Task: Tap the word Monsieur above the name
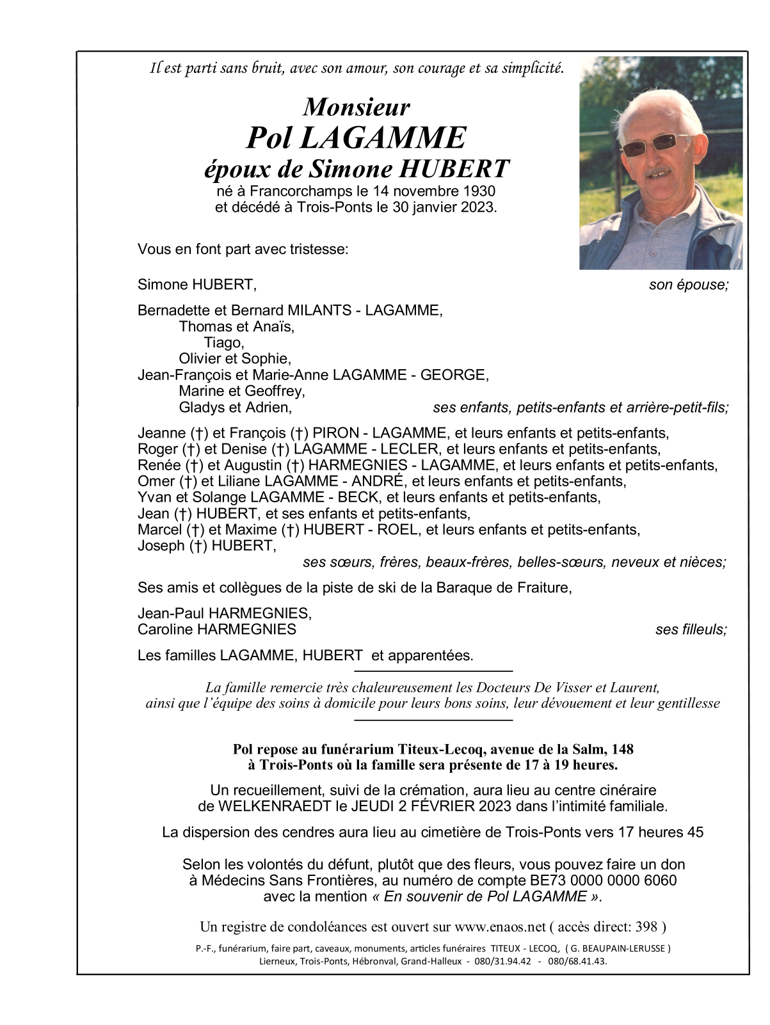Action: (357, 107)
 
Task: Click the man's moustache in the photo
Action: (658, 171)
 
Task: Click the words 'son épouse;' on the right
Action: (689, 285)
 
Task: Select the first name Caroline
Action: (165, 630)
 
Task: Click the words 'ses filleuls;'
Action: (691, 630)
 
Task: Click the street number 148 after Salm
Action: (623, 749)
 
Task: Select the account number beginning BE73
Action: (603, 881)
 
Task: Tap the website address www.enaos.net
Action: (500, 927)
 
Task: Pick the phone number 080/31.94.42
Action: (503, 962)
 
